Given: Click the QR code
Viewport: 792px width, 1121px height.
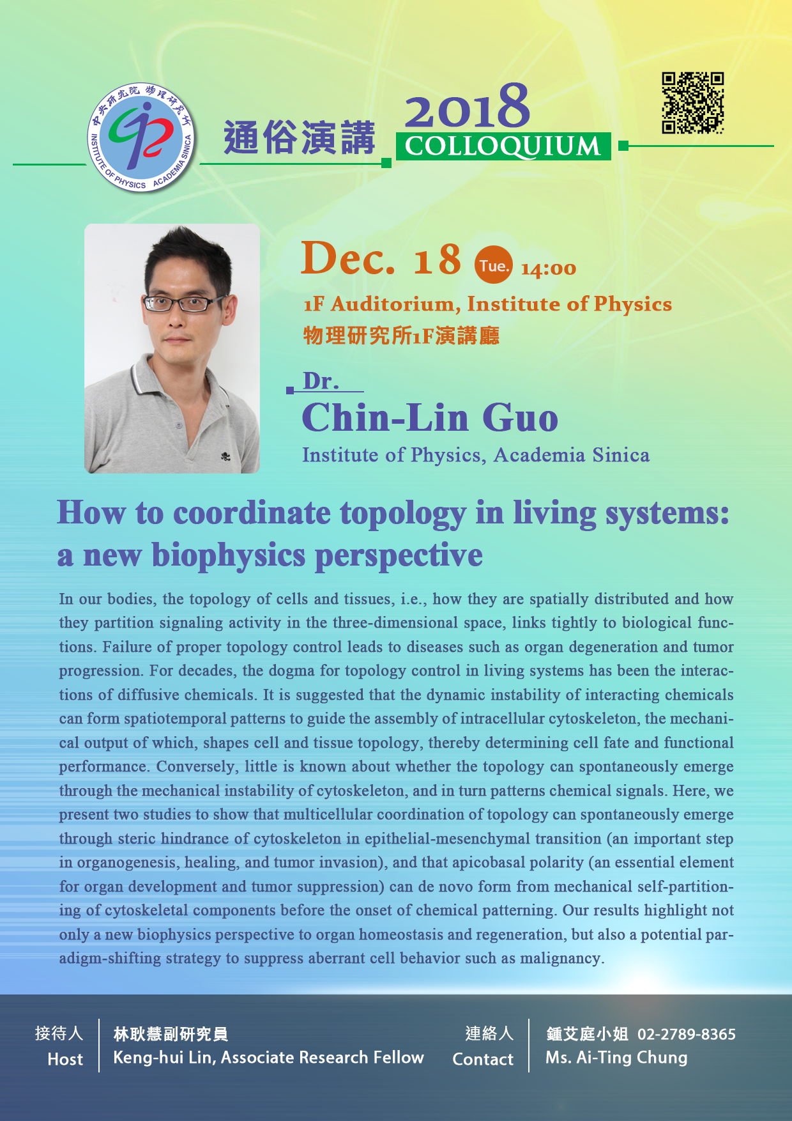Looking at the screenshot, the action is pyautogui.click(x=693, y=103).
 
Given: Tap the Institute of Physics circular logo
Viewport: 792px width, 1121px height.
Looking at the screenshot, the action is pyautogui.click(x=141, y=137).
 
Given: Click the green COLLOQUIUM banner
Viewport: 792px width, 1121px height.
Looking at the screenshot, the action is pyautogui.click(x=503, y=146).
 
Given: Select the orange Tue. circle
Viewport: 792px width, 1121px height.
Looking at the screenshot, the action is pyautogui.click(x=494, y=265).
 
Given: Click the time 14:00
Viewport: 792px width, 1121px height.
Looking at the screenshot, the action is pyautogui.click(x=549, y=269).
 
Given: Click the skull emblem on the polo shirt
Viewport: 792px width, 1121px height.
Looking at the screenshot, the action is pyautogui.click(x=225, y=456).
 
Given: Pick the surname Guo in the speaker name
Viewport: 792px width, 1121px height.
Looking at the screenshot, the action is pyautogui.click(x=521, y=419).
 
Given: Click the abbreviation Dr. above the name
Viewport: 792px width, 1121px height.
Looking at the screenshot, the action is pyautogui.click(x=321, y=382).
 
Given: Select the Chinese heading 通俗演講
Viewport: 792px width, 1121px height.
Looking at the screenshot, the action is pyautogui.click(x=299, y=137).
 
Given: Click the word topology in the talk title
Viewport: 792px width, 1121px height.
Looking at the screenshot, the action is pyautogui.click(x=403, y=514).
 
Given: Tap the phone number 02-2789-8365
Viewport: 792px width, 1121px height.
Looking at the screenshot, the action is pyautogui.click(x=687, y=1034).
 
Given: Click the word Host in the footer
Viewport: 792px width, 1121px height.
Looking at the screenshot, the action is pyautogui.click(x=65, y=1060).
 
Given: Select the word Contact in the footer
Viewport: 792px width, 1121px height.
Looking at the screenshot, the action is pyautogui.click(x=483, y=1060).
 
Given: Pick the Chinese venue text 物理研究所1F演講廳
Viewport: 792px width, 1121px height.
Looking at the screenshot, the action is pyautogui.click(x=401, y=336).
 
